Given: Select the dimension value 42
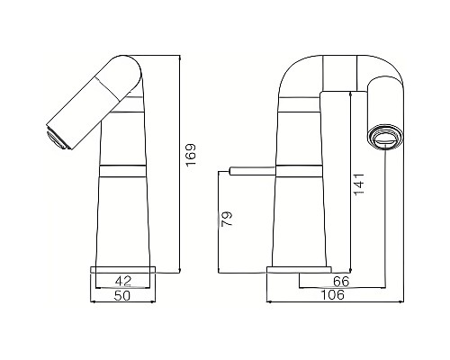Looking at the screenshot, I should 126,280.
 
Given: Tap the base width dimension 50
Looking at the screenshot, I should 126,295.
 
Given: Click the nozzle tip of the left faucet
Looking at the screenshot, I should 56,136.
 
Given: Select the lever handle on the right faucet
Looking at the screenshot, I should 251,169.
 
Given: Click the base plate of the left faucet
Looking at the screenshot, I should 126,269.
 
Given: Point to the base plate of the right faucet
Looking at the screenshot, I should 300,269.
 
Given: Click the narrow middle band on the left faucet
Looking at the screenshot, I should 125,168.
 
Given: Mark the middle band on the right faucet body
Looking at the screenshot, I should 300,168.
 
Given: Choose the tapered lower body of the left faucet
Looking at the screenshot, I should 126,216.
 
